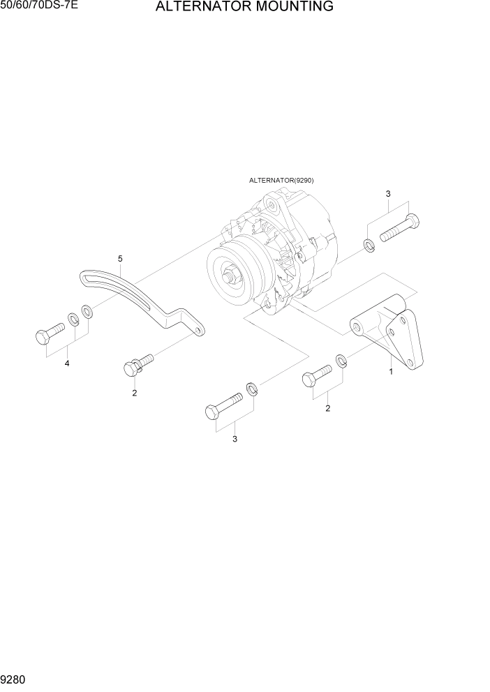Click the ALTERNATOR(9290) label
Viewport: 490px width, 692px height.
pos(281,180)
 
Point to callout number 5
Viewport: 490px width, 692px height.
pos(120,259)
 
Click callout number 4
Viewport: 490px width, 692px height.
pos(68,363)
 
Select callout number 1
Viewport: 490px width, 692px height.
pos(391,371)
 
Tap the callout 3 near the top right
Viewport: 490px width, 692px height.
pos(388,193)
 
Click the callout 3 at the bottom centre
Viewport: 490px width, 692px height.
pos(235,439)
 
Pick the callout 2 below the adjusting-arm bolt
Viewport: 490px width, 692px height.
pos(135,393)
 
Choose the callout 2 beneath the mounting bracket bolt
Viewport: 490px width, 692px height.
pos(327,408)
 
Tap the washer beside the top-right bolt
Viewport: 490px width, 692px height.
pos(369,245)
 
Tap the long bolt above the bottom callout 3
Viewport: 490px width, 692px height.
pos(223,405)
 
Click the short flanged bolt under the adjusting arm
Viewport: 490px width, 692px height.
pos(138,363)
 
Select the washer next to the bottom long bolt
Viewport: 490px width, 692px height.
pos(253,388)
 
